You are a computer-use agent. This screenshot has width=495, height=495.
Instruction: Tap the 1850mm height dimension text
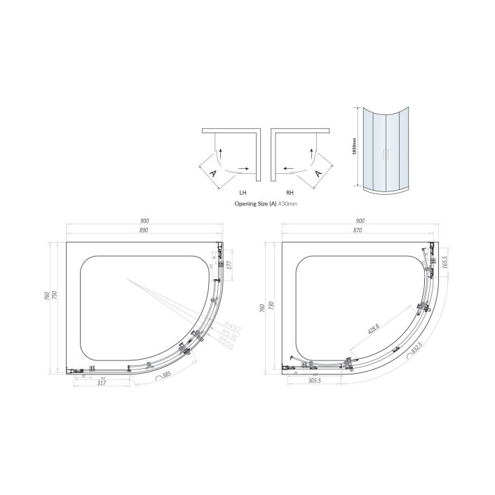coord(356,144)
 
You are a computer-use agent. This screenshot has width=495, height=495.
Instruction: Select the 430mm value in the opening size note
coord(288,204)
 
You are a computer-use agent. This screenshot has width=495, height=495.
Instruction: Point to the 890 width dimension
coord(144,231)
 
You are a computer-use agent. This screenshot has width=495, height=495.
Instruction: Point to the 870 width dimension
coord(358,231)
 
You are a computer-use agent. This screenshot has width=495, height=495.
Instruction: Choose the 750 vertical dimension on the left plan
coord(55,294)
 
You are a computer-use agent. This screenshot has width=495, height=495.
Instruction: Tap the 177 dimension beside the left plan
coord(229,264)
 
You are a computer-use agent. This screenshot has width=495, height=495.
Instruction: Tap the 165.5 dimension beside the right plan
coord(445,263)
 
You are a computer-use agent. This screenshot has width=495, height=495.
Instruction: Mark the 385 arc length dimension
coord(166,376)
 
